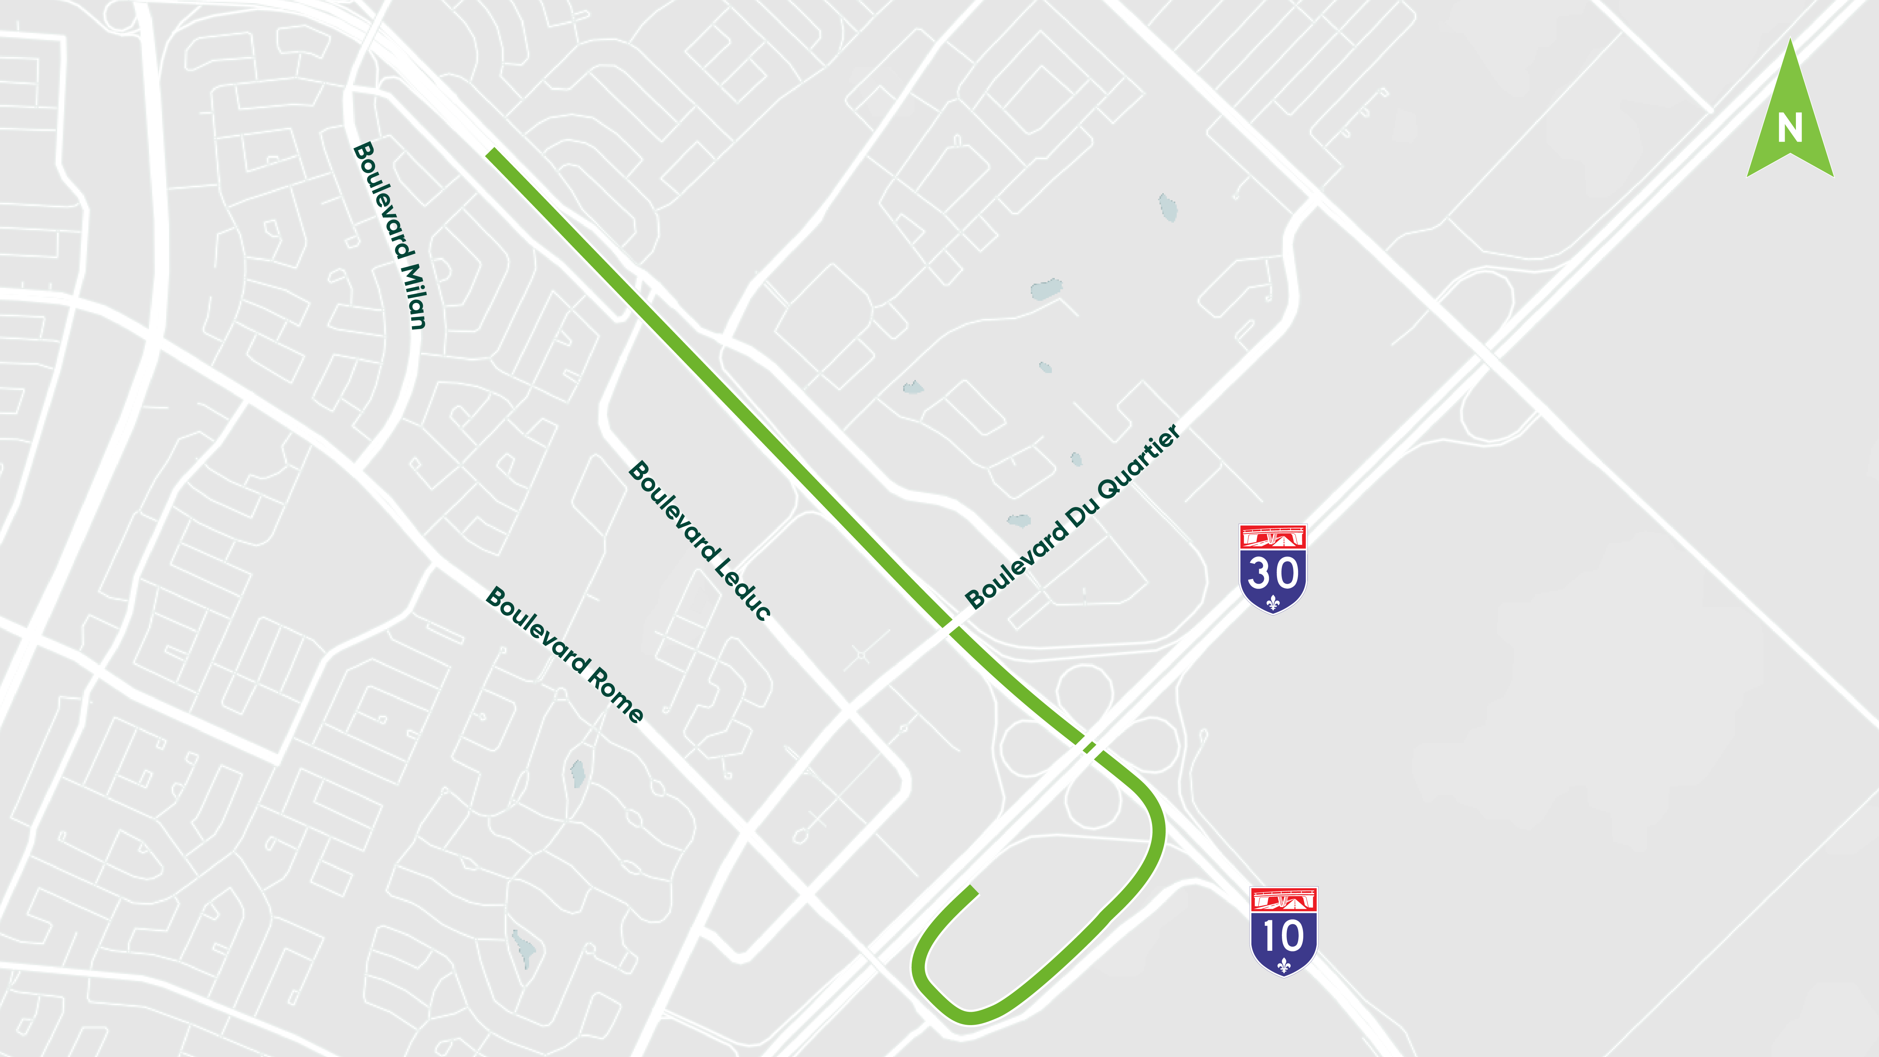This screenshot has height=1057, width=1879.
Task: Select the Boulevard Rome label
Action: point(565,654)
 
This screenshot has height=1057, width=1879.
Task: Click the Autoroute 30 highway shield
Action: point(1273,569)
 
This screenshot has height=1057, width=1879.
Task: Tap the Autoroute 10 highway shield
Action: point(1284,931)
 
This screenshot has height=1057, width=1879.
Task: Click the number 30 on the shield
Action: point(1273,572)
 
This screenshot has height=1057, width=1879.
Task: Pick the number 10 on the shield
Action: point(1284,936)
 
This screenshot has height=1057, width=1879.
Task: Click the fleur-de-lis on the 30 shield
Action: point(1273,603)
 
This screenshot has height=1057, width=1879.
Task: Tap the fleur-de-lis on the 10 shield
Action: point(1284,966)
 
